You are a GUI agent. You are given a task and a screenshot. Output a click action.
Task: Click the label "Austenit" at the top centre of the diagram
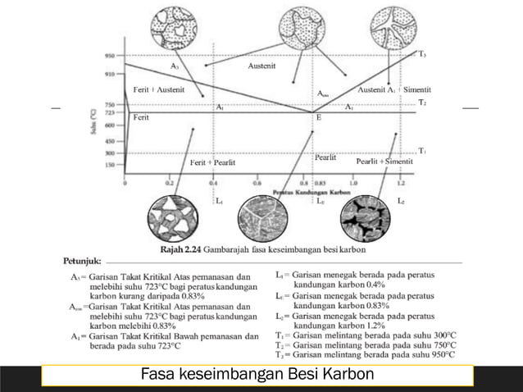click(261, 65)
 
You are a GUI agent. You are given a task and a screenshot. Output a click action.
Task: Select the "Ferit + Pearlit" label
click(212, 162)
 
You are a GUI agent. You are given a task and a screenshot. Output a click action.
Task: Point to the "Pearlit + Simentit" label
click(384, 162)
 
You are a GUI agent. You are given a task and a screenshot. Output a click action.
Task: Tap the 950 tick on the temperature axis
click(109, 56)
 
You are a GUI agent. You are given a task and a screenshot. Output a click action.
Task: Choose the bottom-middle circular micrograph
click(264, 217)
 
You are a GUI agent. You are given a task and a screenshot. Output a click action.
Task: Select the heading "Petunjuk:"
click(82, 260)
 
